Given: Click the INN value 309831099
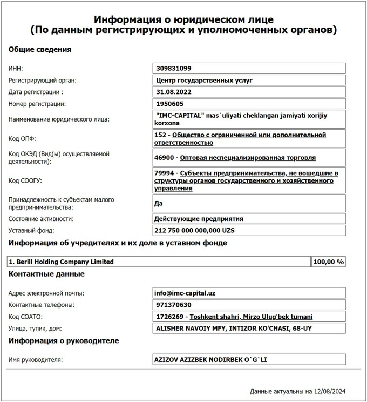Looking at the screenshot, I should [173, 69].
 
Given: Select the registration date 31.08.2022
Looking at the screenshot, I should [173, 92].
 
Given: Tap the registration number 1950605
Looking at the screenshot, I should [169, 104].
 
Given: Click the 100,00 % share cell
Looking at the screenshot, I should [328, 262].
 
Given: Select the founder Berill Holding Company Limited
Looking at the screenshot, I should [61, 262].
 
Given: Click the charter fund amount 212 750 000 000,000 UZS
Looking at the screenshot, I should [195, 231].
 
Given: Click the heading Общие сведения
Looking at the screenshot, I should [40, 50].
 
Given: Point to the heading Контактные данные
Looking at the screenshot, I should [46, 274].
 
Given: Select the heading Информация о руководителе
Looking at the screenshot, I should [64, 341].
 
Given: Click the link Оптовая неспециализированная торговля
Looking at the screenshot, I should [248, 158].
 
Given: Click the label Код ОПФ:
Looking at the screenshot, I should [22, 139].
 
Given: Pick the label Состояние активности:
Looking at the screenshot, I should [41, 219].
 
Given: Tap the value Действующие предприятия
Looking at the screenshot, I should [199, 219].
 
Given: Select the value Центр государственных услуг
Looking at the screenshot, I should [203, 81].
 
